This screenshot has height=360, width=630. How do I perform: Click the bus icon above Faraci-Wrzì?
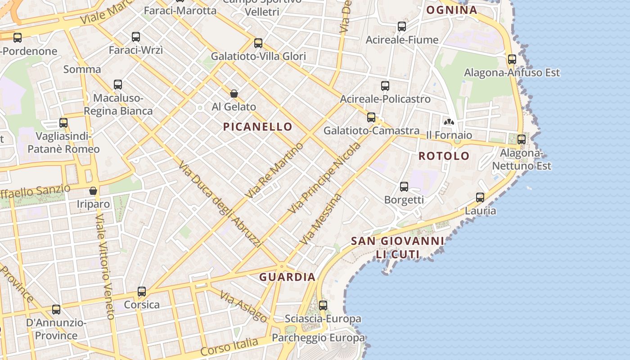pyautogui.click(x=136, y=37)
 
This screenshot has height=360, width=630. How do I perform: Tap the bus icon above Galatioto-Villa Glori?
pyautogui.click(x=258, y=43)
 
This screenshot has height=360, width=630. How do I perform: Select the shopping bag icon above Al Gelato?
pyautogui.click(x=234, y=94)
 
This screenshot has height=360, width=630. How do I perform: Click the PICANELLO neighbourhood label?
pyautogui.click(x=258, y=127)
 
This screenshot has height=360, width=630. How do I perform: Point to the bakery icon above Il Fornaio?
pyautogui.click(x=449, y=121)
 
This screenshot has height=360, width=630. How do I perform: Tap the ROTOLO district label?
pyautogui.click(x=444, y=156)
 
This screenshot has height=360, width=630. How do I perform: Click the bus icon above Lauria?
pyautogui.click(x=480, y=198)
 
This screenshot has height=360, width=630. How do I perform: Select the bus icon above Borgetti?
pyautogui.click(x=404, y=186)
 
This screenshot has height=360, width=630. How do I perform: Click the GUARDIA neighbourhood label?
pyautogui.click(x=288, y=277)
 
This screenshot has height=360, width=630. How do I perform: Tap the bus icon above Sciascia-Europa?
pyautogui.click(x=323, y=306)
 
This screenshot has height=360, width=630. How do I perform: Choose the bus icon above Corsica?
pyautogui.click(x=142, y=292)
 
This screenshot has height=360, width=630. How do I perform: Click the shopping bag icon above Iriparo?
pyautogui.click(x=93, y=191)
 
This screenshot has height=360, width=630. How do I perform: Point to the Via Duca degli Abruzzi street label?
pyautogui.click(x=220, y=205)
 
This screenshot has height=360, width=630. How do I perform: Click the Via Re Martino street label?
pyautogui.click(x=275, y=171)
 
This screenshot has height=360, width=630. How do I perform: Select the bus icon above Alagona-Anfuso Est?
pyautogui.click(x=512, y=59)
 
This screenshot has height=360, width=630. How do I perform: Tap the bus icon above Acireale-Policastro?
pyautogui.click(x=385, y=86)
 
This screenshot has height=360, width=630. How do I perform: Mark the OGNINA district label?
pyautogui.click(x=451, y=10)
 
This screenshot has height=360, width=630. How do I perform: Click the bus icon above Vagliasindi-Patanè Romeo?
pyautogui.click(x=63, y=123)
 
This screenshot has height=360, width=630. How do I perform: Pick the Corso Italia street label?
pyautogui.click(x=229, y=347)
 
